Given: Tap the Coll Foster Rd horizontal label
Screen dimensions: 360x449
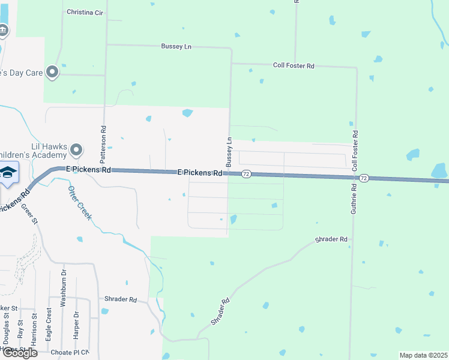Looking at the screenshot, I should click(294, 65).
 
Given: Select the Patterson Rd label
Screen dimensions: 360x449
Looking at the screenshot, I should click(103, 141).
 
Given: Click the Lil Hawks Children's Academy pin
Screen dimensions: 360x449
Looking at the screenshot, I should click(76, 149).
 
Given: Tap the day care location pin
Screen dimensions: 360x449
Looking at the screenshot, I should click(52, 72).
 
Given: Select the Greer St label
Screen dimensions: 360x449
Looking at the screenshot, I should click(29, 212).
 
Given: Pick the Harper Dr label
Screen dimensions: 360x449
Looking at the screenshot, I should click(76, 325).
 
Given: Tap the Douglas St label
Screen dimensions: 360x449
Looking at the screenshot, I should click(7, 328).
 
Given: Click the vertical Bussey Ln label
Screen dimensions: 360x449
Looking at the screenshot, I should click(229, 152).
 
